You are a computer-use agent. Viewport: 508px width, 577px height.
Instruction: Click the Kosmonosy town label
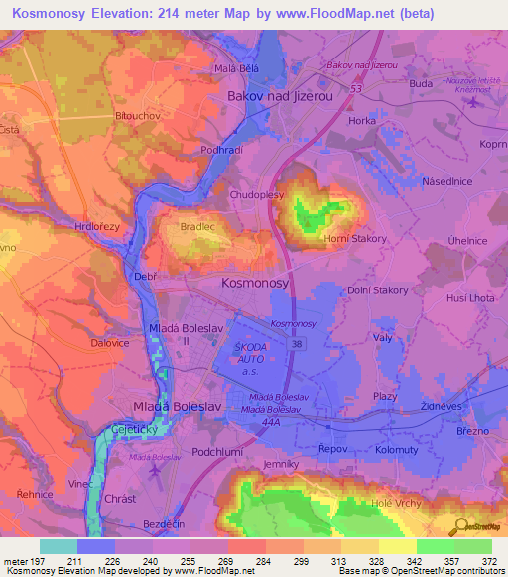pyautogui.click(x=255, y=283)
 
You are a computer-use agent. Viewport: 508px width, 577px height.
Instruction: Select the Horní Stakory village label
pyautogui.click(x=354, y=238)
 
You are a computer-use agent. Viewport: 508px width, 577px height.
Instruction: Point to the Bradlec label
pyautogui.click(x=196, y=226)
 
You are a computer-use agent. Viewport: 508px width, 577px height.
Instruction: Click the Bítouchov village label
pyautogui.click(x=135, y=116)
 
